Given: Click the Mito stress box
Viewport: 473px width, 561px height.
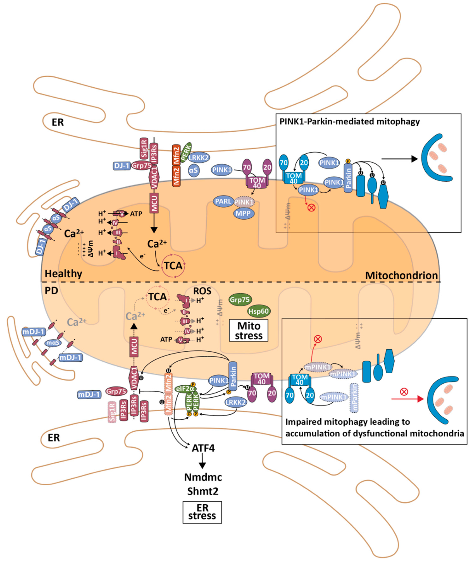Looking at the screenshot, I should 249,330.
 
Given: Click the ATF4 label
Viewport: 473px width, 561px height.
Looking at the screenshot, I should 203,448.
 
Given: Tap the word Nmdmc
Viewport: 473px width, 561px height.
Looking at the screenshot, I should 203,477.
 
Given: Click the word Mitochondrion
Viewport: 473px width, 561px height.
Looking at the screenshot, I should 401,275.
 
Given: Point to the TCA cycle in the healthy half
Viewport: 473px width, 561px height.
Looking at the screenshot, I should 173,266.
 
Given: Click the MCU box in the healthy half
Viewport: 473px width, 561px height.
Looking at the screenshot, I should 154,203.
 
